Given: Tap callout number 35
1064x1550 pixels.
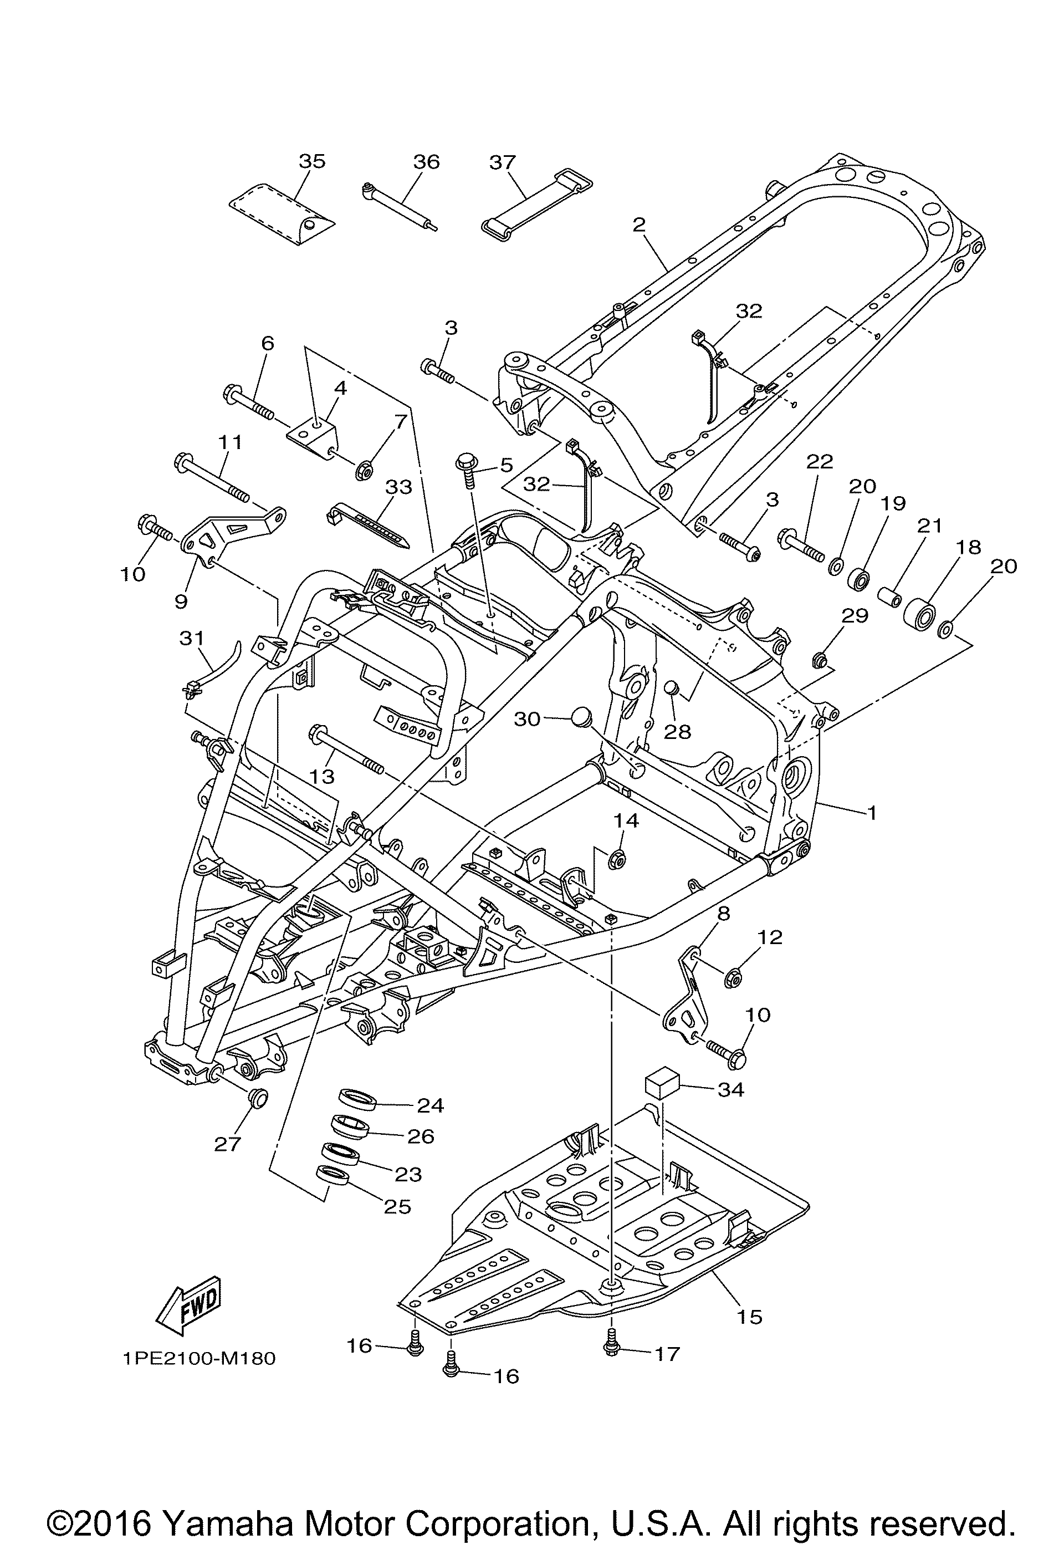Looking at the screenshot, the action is pos(312,161).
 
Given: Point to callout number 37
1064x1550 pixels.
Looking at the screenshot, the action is pos(503,162).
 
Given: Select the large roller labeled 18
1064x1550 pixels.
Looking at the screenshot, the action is pos(920,614).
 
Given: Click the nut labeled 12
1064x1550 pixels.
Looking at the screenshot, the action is pos(733,978).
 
